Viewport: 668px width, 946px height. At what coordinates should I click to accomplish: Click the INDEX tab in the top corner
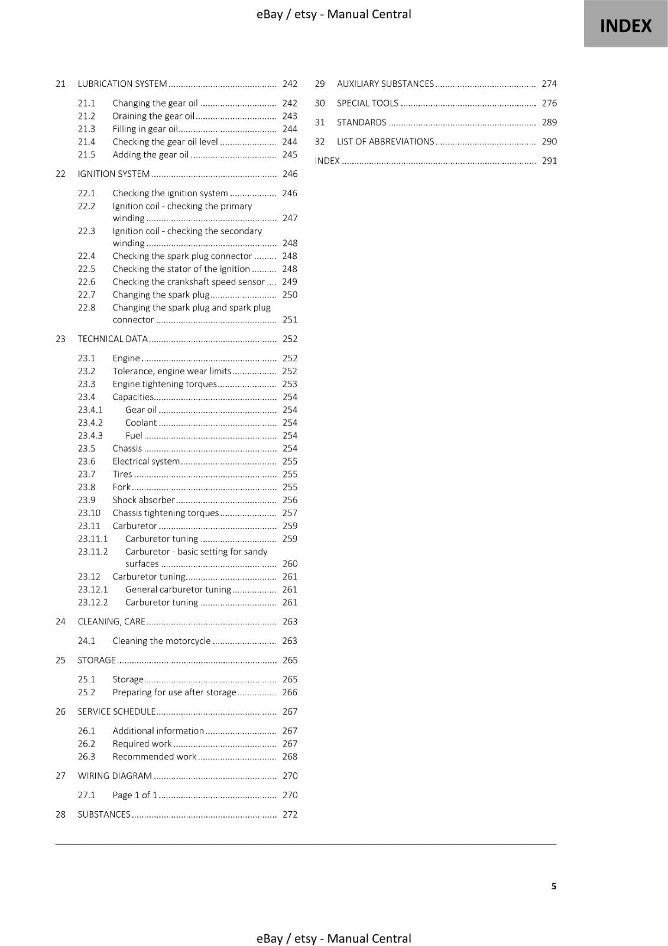(625, 25)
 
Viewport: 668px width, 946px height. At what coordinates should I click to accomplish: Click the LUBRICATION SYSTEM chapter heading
(122, 84)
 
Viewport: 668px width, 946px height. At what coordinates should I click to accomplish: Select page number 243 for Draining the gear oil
(290, 116)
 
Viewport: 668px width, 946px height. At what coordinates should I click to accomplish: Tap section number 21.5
(86, 155)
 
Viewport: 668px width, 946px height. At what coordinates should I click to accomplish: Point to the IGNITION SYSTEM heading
(114, 174)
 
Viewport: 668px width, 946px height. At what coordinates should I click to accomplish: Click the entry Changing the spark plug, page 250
(161, 295)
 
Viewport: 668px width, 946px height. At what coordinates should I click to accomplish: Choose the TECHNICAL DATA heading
(112, 339)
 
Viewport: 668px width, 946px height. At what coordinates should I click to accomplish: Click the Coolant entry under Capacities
(141, 423)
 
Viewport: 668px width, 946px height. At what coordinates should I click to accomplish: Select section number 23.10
(89, 513)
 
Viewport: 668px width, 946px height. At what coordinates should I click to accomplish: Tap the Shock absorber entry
(144, 500)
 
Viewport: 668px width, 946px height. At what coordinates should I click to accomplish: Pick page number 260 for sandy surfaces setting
(290, 564)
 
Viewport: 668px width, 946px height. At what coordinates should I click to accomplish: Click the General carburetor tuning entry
(178, 590)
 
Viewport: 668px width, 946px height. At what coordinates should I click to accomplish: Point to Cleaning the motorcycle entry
(161, 641)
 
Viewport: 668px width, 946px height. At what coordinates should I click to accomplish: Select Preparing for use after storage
(174, 692)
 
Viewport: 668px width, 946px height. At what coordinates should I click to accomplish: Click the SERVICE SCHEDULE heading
(116, 712)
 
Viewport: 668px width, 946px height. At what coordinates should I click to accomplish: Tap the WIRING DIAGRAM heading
(115, 776)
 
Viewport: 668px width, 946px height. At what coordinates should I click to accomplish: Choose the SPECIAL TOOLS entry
(368, 103)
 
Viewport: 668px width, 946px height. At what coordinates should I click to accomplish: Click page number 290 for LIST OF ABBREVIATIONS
(549, 142)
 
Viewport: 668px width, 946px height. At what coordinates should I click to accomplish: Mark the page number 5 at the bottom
(554, 886)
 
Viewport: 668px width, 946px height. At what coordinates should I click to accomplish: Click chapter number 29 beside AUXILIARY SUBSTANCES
(320, 84)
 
